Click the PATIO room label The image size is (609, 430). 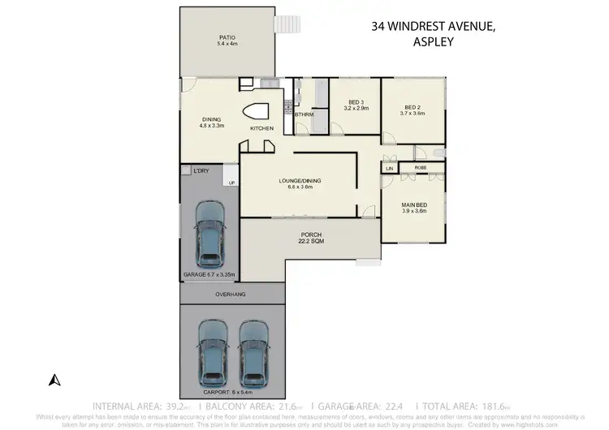[x=226, y=41]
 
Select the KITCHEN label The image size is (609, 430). [x=261, y=129]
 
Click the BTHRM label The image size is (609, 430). [x=304, y=114]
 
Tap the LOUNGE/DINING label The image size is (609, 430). [x=296, y=184]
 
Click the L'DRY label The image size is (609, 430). [x=201, y=171]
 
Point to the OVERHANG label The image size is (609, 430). [x=230, y=294]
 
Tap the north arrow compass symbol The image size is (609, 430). [x=54, y=379]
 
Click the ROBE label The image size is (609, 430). [x=421, y=168]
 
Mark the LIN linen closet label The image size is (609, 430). [x=390, y=168]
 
